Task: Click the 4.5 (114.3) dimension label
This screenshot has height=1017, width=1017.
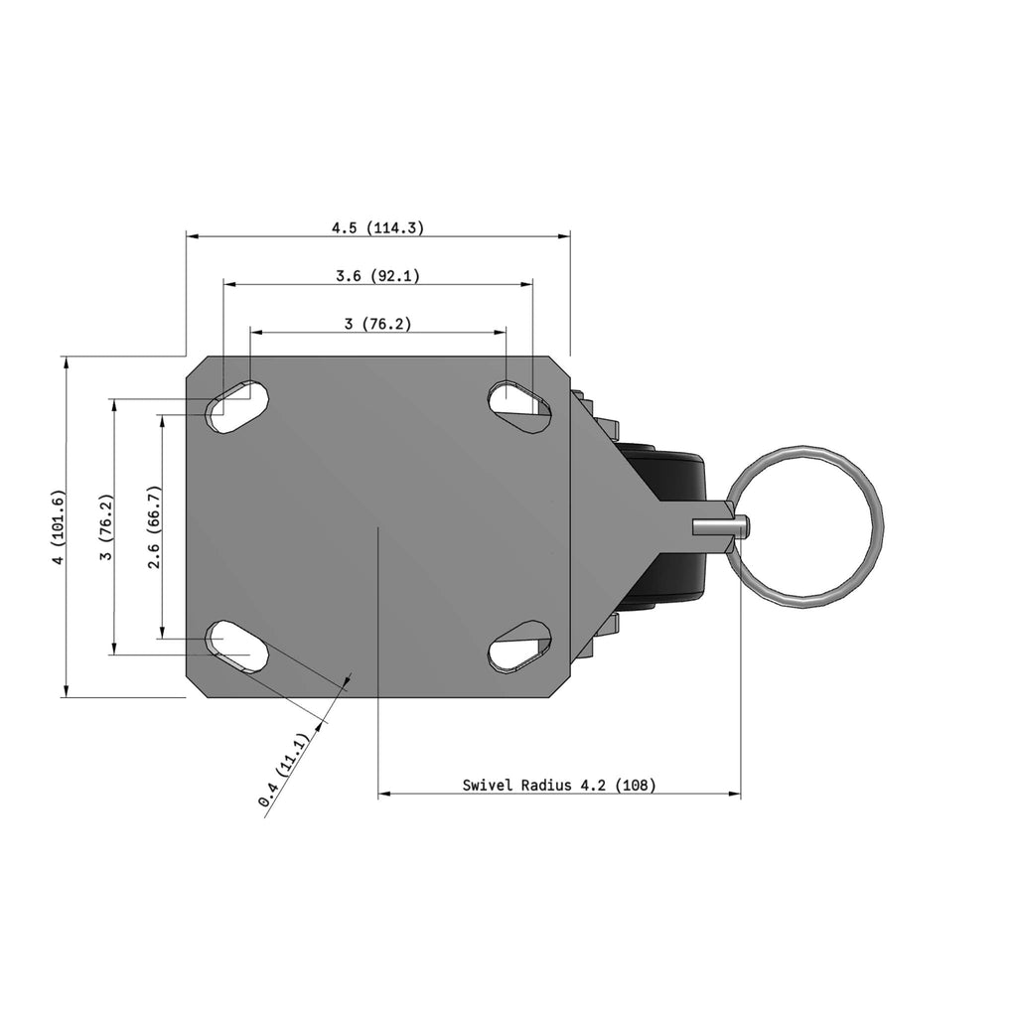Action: [377, 227]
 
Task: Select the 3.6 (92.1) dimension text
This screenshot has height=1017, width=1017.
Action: [377, 276]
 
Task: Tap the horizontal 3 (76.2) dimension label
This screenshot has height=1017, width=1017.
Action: [377, 324]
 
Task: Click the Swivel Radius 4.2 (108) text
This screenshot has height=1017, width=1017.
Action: [559, 785]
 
